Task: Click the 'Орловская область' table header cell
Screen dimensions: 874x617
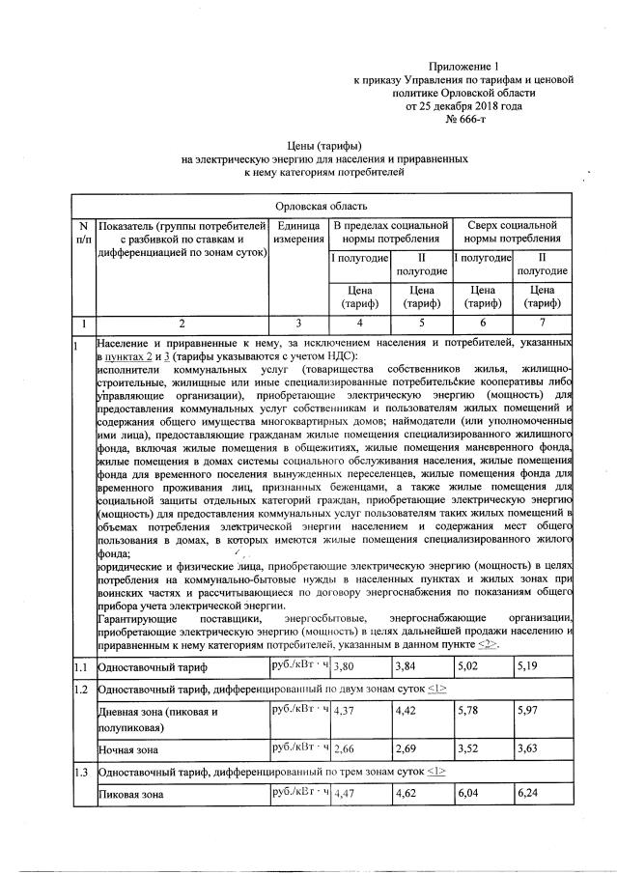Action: [x=320, y=206]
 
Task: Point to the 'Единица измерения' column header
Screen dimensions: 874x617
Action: [x=298, y=232]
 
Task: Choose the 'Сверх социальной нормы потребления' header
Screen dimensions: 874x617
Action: [x=513, y=232]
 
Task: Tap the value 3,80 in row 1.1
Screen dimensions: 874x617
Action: [x=345, y=666]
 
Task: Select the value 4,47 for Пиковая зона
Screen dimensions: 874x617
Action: [x=345, y=794]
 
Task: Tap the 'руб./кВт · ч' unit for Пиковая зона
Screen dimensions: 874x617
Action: [x=300, y=793]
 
